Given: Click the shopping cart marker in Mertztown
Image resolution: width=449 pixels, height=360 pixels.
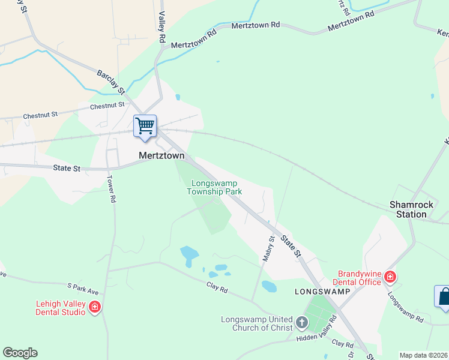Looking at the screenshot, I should [x=145, y=127].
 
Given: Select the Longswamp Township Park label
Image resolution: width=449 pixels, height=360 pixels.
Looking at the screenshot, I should [x=214, y=187].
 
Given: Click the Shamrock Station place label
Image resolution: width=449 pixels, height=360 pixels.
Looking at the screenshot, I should [x=411, y=209].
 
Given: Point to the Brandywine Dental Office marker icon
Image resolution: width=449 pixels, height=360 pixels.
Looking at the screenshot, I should [x=390, y=277].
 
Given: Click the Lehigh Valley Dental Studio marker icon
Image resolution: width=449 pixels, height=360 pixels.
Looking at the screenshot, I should [x=94, y=308].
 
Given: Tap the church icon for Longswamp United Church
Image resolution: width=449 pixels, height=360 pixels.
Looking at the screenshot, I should [x=301, y=323].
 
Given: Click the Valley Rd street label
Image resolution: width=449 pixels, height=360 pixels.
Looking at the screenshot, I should [x=162, y=28].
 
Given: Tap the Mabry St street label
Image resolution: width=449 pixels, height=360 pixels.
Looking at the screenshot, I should [x=268, y=248].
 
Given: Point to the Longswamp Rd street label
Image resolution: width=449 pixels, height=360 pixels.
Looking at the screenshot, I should [x=405, y=307].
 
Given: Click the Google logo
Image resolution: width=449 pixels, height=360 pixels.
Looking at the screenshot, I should [x=20, y=353].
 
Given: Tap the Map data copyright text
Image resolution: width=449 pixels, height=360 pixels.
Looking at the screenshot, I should [x=424, y=355].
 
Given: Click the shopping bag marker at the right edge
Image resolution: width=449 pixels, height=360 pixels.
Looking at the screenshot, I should [x=442, y=297].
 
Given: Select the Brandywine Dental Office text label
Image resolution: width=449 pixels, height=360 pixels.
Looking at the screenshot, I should [x=360, y=277].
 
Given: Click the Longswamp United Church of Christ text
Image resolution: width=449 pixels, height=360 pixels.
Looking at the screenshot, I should [x=257, y=323].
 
